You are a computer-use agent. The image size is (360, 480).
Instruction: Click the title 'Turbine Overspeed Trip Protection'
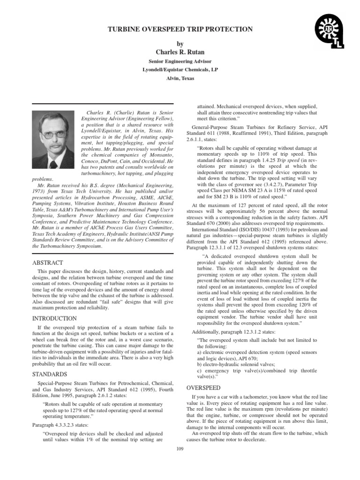click(180, 29)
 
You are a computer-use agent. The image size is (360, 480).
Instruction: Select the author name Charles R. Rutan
click(180, 52)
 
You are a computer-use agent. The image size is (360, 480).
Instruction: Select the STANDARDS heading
click(49, 374)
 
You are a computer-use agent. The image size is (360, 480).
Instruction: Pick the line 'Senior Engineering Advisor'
click(180, 61)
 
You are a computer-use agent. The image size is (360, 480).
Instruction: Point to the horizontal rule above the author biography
click(103, 104)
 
